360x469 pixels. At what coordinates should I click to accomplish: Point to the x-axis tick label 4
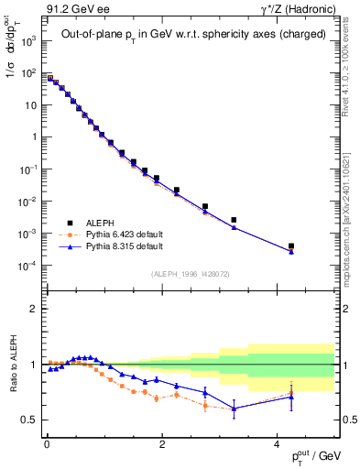click(x=277, y=442)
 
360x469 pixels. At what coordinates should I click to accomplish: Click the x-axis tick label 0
click(x=46, y=442)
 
